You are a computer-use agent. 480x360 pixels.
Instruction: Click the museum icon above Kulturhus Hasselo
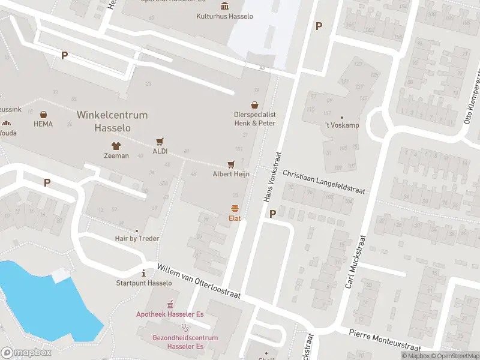[224, 6]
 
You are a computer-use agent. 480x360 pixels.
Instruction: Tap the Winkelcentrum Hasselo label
[112, 121]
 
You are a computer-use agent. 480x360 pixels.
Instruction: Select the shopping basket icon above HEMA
[43, 114]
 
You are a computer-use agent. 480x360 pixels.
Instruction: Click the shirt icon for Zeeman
[116, 145]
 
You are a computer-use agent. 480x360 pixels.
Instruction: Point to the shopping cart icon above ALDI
[160, 142]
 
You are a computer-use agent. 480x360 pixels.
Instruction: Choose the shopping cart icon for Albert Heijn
[231, 164]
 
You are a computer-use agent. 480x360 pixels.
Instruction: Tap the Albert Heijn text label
[231, 174]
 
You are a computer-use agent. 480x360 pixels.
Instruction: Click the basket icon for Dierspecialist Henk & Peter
[255, 104]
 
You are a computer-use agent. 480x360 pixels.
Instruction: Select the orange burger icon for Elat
[235, 209]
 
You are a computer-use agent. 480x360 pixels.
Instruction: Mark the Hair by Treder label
[137, 238]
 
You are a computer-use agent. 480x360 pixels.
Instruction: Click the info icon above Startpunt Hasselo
[143, 273]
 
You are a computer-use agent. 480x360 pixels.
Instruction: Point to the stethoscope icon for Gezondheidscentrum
[185, 328]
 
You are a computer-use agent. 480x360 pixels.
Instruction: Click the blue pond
[42, 300]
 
